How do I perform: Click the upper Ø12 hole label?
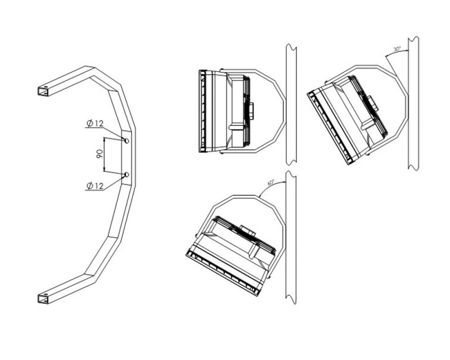(x=94, y=123)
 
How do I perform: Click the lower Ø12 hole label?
(x=94, y=186)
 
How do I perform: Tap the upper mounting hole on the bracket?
(x=127, y=141)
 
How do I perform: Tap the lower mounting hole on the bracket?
(x=127, y=174)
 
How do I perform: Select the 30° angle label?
(x=397, y=49)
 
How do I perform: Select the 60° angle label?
(x=271, y=182)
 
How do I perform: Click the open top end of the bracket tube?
(x=43, y=91)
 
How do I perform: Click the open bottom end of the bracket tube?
(x=43, y=299)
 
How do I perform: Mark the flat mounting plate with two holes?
(x=127, y=157)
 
